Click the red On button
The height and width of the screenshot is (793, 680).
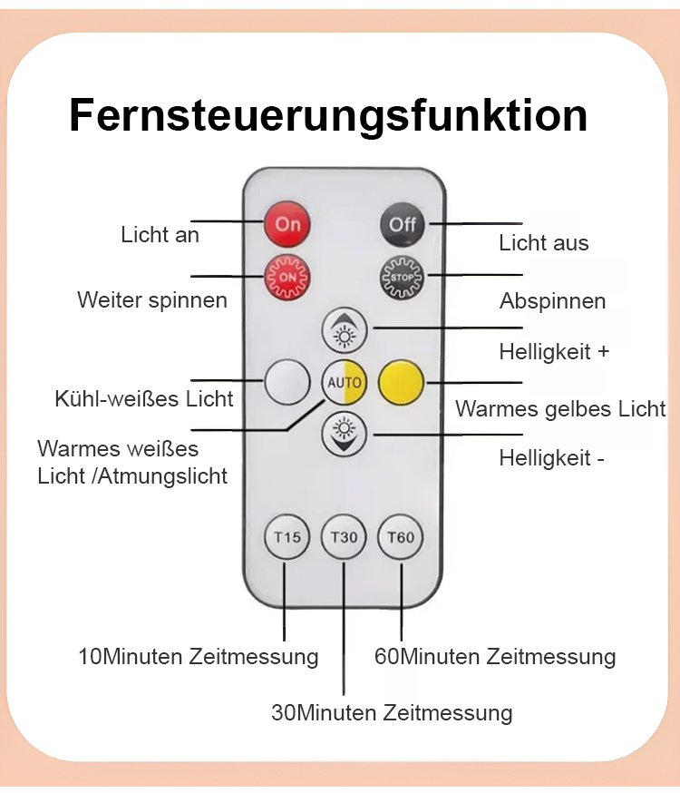pyautogui.click(x=287, y=224)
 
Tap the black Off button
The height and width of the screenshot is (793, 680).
pyautogui.click(x=402, y=224)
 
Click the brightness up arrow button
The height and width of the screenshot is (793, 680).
pyautogui.click(x=344, y=330)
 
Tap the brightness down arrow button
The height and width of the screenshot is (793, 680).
pyautogui.click(x=344, y=433)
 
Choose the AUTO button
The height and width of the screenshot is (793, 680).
pyautogui.click(x=344, y=382)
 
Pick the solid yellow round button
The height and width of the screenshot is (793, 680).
pyautogui.click(x=401, y=382)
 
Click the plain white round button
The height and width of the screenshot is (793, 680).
pyautogui.click(x=287, y=382)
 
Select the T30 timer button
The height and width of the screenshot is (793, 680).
pyautogui.click(x=344, y=538)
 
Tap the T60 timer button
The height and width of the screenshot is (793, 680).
pyautogui.click(x=401, y=538)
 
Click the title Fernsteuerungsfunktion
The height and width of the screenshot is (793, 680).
pyautogui.click(x=328, y=116)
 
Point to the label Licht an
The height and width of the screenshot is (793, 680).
pyautogui.click(x=160, y=235)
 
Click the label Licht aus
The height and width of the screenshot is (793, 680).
pyautogui.click(x=544, y=243)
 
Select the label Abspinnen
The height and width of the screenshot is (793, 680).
pyautogui.click(x=553, y=301)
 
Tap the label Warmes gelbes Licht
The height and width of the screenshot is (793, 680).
pyautogui.click(x=560, y=409)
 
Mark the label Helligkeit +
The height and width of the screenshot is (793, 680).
pyautogui.click(x=554, y=352)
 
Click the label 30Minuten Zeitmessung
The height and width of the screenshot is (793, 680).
pyautogui.click(x=392, y=713)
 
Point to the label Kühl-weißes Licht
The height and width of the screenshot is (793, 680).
pyautogui.click(x=144, y=398)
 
